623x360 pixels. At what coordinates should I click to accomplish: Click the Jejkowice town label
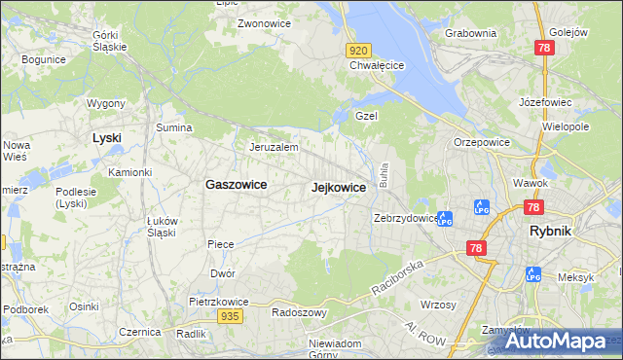(338, 188)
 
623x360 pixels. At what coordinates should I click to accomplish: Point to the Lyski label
(106, 137)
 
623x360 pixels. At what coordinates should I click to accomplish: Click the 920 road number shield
(358, 50)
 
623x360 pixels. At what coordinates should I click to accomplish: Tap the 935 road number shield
(230, 316)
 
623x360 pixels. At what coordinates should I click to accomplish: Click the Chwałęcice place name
(377, 66)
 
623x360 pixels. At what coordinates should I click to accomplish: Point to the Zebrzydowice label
(405, 219)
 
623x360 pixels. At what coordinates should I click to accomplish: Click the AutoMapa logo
(554, 341)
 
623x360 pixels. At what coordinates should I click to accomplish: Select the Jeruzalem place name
(273, 148)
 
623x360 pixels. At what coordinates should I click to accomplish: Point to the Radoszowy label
(299, 313)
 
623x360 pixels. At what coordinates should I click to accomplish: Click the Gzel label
(366, 115)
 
